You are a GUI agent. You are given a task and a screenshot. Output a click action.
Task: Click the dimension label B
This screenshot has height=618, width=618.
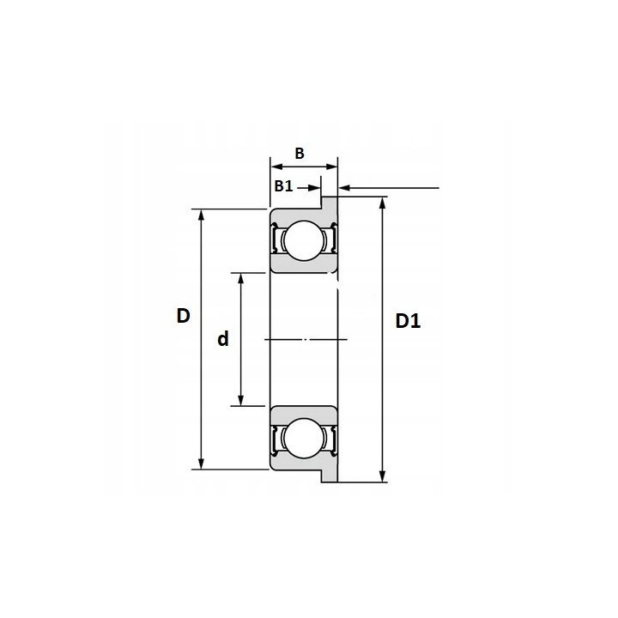pos(300,154)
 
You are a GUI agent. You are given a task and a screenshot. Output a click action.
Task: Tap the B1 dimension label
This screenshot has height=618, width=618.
pos(284,186)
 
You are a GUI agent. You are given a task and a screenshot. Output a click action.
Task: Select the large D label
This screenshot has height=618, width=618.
pos(184,316)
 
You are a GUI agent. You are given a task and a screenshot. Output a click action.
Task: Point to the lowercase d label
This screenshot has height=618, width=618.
pos(223,338)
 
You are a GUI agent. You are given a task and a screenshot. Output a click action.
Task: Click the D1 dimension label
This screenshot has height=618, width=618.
pos(408,321)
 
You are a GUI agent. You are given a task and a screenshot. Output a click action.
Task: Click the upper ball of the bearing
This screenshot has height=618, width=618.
pos(304,240)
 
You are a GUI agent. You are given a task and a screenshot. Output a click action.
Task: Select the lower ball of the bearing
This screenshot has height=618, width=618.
pos(304,439)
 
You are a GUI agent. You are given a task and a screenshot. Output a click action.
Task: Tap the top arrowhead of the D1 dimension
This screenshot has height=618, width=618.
pos(382,203)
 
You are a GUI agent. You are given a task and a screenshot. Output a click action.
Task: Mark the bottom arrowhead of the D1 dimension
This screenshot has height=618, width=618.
pos(382,476)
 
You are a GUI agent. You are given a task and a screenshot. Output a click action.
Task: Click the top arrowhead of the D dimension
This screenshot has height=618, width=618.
pos(201,215)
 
